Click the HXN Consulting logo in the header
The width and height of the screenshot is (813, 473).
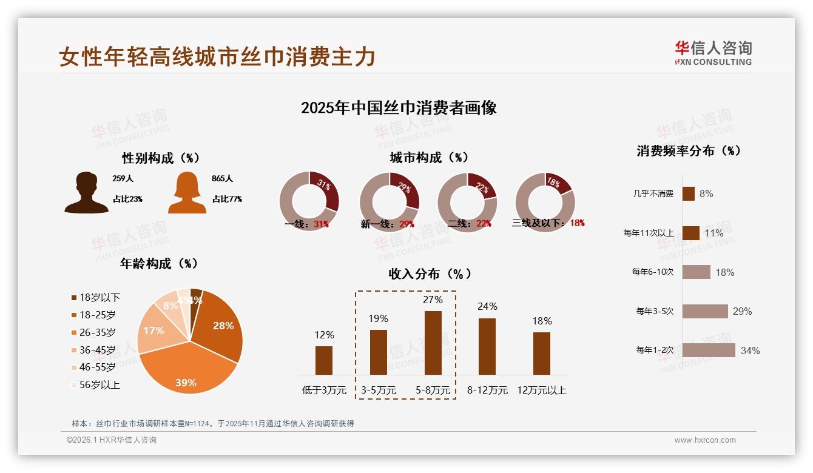(713, 53)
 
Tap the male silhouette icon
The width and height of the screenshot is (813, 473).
(86, 193)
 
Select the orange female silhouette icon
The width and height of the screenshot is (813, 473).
(187, 193)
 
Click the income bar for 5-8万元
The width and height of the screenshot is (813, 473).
(433, 343)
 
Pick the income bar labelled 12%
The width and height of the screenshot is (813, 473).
(324, 360)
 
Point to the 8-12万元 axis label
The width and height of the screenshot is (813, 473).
(487, 390)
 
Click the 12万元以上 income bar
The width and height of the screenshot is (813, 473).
(542, 353)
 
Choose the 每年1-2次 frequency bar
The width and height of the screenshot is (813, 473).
(709, 350)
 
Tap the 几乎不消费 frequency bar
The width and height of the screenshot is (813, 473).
(688, 193)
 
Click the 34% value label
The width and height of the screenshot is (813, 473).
(750, 351)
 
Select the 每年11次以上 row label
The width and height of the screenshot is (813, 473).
(648, 233)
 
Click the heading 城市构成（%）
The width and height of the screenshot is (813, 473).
(429, 158)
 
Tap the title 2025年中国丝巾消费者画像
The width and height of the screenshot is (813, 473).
(399, 108)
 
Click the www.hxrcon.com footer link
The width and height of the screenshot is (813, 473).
(705, 440)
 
